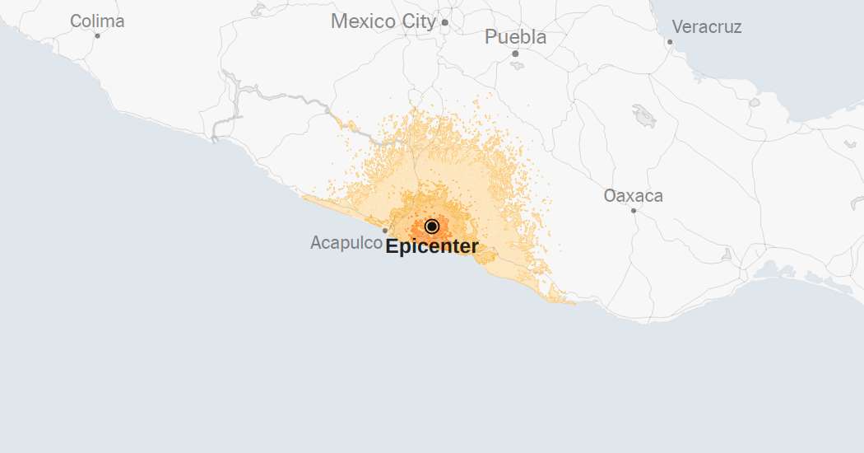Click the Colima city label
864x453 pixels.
(x=97, y=21)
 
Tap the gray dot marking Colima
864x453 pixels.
(x=97, y=35)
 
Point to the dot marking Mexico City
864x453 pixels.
(x=444, y=22)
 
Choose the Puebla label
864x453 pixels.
(x=515, y=37)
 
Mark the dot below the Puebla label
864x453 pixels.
(x=515, y=54)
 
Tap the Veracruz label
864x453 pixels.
(x=707, y=27)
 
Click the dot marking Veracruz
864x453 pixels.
(x=670, y=41)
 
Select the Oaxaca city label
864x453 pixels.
(x=633, y=196)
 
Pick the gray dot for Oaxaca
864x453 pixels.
(x=633, y=210)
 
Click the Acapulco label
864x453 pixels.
(x=346, y=243)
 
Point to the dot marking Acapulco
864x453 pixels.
(x=384, y=231)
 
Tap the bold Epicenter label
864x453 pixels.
(x=431, y=246)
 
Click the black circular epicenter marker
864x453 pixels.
(x=432, y=226)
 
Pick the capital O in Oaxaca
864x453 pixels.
(x=611, y=196)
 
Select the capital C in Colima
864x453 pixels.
(x=76, y=21)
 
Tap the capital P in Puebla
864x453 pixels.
(x=491, y=37)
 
